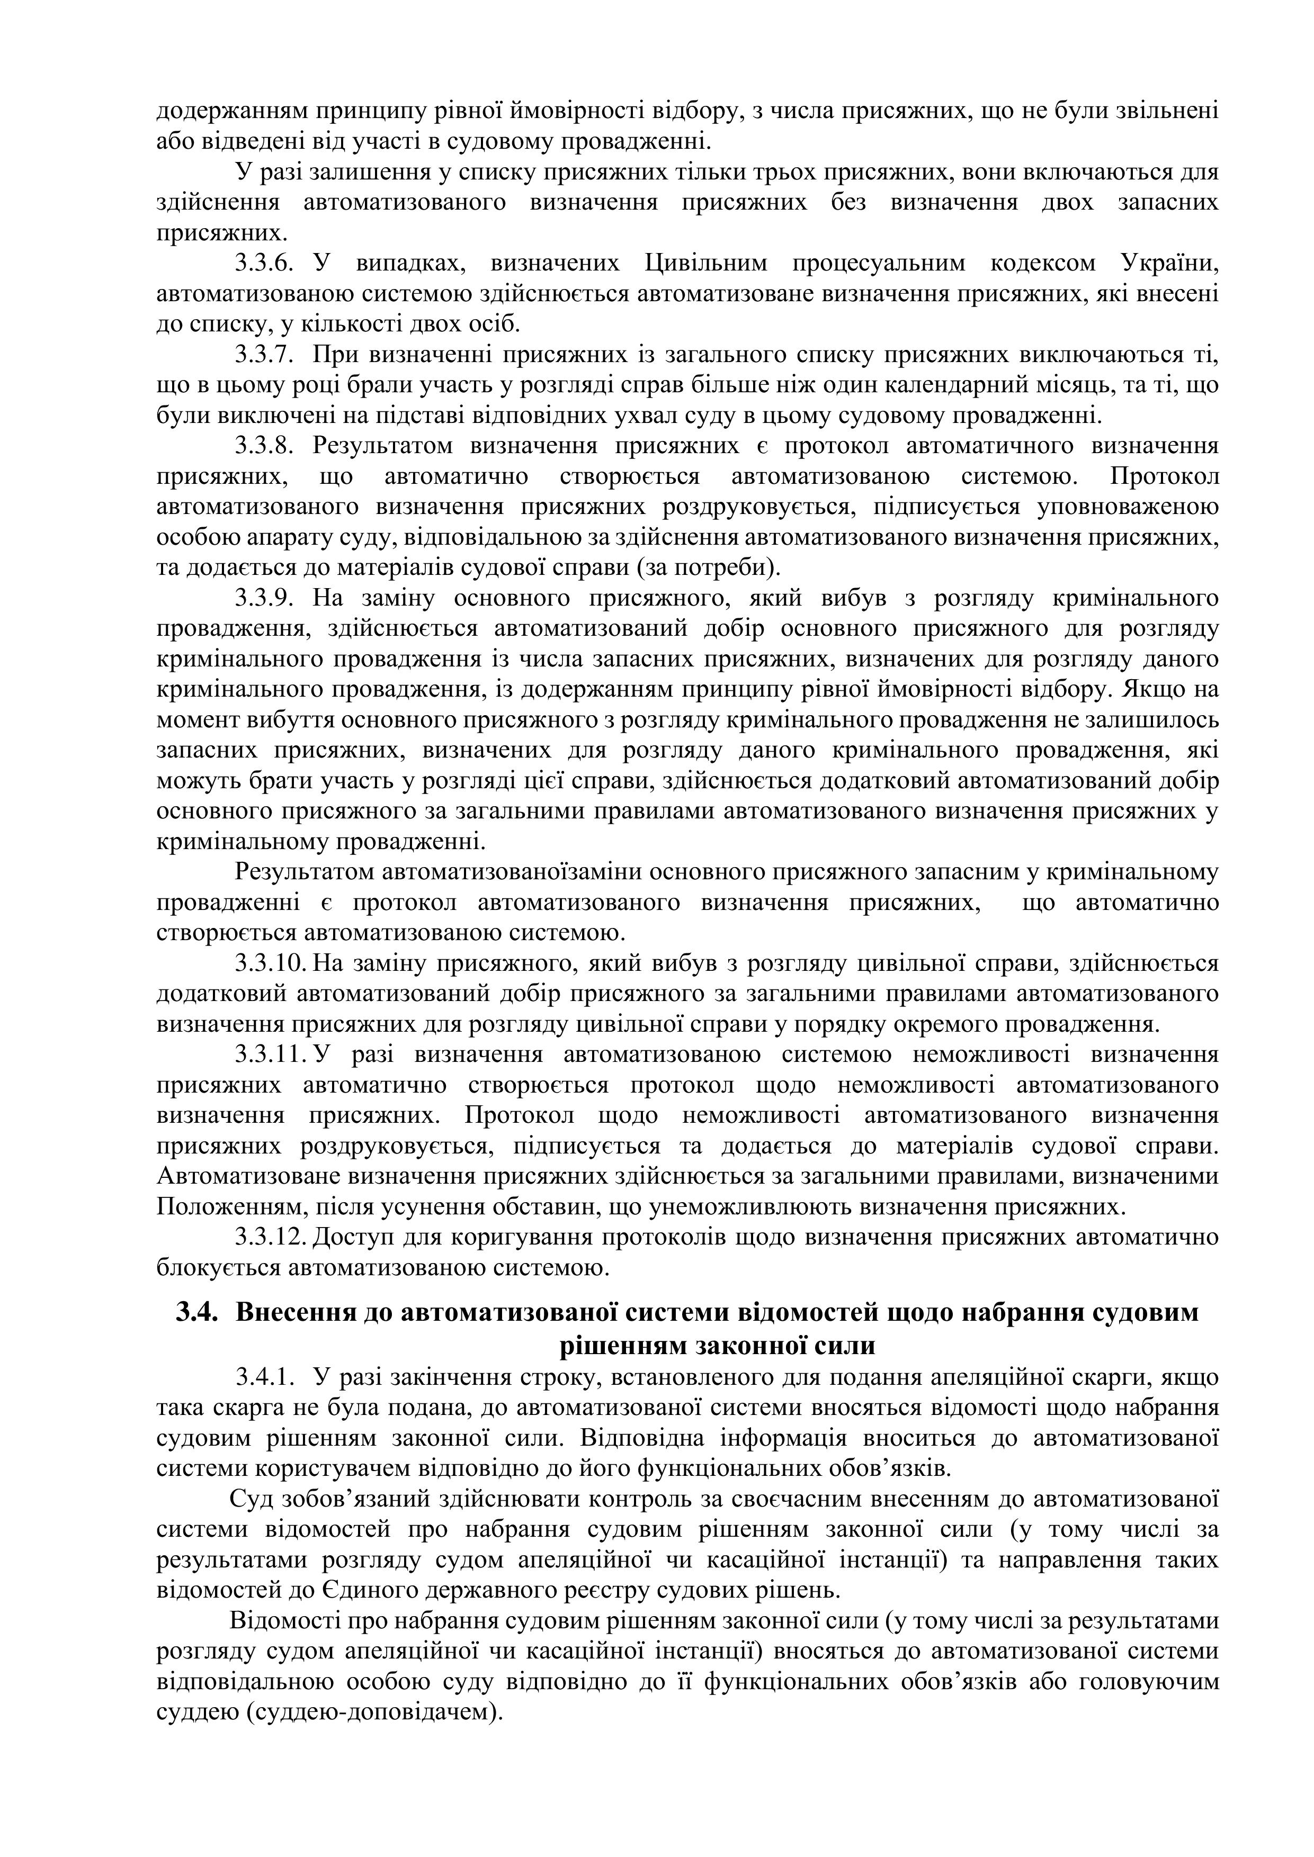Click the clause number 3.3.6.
pos(263,264)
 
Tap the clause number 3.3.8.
pos(263,446)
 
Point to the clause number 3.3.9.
pos(263,599)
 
